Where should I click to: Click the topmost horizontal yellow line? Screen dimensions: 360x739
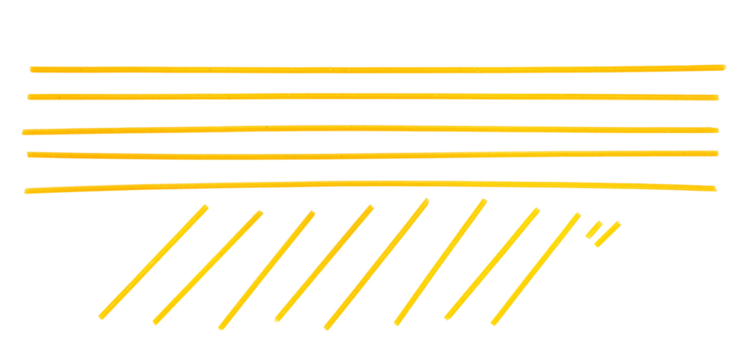point(370,69)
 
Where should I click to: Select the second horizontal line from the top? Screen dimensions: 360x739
point(370,96)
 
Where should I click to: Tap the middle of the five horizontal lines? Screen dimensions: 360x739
point(370,128)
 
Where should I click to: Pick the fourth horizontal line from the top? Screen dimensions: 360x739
point(370,155)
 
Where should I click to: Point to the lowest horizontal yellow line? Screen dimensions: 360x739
point(370,183)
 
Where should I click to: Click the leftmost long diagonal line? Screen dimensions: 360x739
point(153,262)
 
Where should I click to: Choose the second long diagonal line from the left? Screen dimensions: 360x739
point(207,267)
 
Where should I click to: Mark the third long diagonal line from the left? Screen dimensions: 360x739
point(267,270)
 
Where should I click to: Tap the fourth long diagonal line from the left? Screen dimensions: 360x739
point(324,263)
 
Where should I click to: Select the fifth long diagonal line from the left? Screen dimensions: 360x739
point(376,264)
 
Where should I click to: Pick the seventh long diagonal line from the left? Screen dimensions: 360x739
point(492,263)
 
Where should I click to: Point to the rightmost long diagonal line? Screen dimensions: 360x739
point(535,269)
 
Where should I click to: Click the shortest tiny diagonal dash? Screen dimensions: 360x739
point(593,230)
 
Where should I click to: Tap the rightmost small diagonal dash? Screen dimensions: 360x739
point(608,234)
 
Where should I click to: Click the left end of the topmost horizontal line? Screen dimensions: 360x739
point(31,69)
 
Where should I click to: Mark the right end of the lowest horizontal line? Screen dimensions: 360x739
point(714,188)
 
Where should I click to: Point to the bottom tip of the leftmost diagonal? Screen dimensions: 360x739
point(101,317)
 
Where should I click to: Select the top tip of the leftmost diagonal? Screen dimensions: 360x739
point(205,207)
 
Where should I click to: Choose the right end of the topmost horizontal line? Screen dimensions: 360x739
point(723,67)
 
